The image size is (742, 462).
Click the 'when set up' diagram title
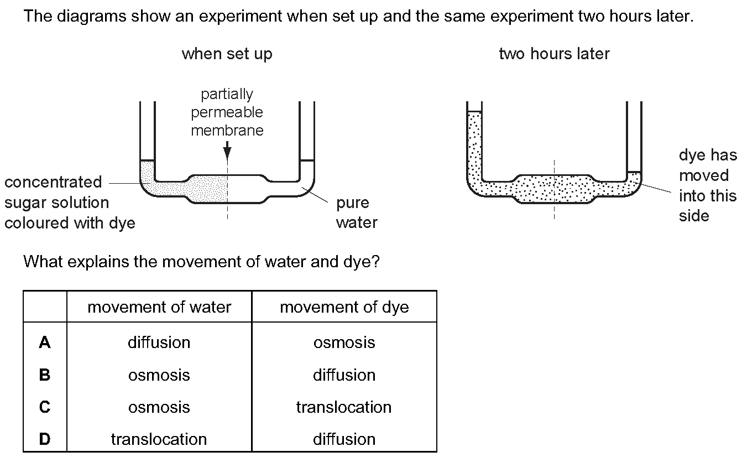coord(227,54)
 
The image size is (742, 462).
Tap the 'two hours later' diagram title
coord(554,54)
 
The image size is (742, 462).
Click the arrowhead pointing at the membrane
coord(227,152)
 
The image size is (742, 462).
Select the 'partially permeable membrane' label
coord(227,112)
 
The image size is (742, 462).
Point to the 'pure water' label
coord(357,212)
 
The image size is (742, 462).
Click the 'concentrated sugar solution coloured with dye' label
coord(70,203)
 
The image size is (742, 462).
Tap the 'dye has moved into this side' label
coord(708,185)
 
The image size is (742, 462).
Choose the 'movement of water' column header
coord(159,307)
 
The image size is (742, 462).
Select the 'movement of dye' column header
coord(344,307)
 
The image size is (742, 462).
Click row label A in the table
coord(45,343)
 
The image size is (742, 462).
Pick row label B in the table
coord(45,375)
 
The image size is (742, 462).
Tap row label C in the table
coord(45,407)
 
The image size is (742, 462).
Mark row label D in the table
coord(45,439)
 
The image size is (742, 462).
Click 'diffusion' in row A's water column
coord(159,342)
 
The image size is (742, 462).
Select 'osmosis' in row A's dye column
coord(344,342)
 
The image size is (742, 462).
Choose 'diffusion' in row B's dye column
coord(344,375)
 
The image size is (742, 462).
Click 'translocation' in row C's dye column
coord(344,407)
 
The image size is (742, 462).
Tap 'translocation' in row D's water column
coord(159,439)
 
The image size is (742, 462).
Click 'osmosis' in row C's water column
coord(159,407)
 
